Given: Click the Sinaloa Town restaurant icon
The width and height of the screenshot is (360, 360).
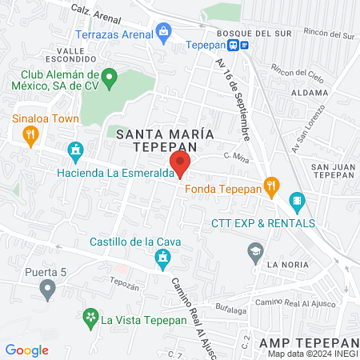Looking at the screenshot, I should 31,135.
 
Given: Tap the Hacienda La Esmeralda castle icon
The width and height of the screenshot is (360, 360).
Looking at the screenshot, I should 77,150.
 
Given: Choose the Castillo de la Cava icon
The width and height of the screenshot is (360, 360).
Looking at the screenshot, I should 163,258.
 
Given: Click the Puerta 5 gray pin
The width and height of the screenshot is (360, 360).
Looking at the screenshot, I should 49,287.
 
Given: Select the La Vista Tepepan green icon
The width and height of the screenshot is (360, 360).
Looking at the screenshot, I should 88,318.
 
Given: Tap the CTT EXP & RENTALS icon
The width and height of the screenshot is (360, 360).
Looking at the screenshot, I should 297,201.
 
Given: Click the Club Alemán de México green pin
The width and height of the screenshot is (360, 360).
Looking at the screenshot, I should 111,78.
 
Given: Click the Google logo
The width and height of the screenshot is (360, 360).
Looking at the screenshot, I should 26,350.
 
